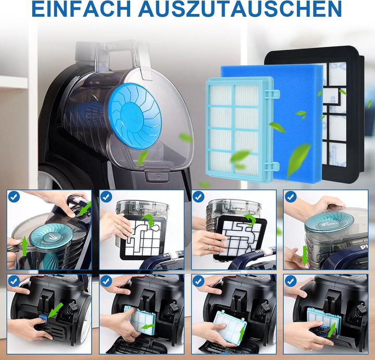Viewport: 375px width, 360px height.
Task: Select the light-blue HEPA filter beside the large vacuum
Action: point(240,127)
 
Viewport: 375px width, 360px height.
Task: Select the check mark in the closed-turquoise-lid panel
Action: point(291,197)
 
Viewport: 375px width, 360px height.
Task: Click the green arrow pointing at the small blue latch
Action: point(55,311)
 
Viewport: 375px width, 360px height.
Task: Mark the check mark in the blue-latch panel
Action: point(14,281)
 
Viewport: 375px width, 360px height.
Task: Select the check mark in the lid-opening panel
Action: point(14,197)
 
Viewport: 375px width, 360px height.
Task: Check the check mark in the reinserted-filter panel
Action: point(291,281)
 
